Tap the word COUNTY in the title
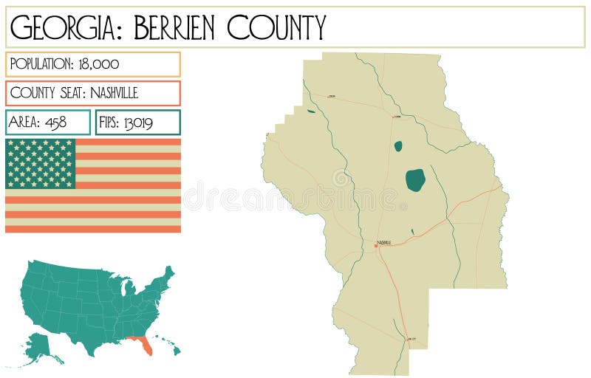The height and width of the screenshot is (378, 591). point(276,27)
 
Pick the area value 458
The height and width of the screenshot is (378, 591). point(55,123)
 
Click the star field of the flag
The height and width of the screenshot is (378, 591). point(41,163)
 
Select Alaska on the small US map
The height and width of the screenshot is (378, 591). point(41,348)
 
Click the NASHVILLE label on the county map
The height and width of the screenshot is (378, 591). point(385,242)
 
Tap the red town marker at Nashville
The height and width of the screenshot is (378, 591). point(376,246)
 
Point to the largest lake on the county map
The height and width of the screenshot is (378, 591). point(415,180)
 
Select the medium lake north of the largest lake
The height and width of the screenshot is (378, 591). point(398,146)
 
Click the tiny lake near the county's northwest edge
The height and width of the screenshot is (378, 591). point(311,111)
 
